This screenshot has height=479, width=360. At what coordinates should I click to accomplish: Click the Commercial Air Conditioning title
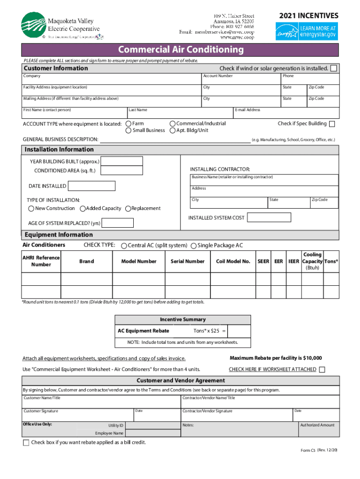(x=180, y=50)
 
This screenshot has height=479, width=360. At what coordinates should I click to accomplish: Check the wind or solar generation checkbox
(x=333, y=68)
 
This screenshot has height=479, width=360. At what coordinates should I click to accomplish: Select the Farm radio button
(x=129, y=124)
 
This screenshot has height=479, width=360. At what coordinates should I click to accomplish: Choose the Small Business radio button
(x=129, y=131)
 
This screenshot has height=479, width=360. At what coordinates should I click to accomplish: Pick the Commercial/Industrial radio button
(x=172, y=124)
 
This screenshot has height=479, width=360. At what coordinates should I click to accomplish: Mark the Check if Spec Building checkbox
(x=332, y=124)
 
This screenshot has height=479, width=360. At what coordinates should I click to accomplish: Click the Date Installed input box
(x=92, y=186)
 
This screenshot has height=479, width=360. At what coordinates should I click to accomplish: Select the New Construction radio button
(x=31, y=209)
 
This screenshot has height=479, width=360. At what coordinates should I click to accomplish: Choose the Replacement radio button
(x=128, y=209)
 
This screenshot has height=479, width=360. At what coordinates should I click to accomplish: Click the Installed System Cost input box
(x=269, y=218)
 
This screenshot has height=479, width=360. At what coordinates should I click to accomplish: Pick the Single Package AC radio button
(x=194, y=246)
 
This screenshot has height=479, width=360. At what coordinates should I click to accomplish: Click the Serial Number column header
(x=187, y=261)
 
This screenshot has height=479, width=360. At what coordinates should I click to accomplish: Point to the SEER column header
(x=263, y=261)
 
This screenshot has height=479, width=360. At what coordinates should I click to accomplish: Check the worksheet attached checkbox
(x=322, y=370)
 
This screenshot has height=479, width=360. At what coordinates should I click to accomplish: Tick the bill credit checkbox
(x=26, y=443)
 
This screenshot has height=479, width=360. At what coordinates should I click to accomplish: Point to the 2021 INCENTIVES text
(x=309, y=16)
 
